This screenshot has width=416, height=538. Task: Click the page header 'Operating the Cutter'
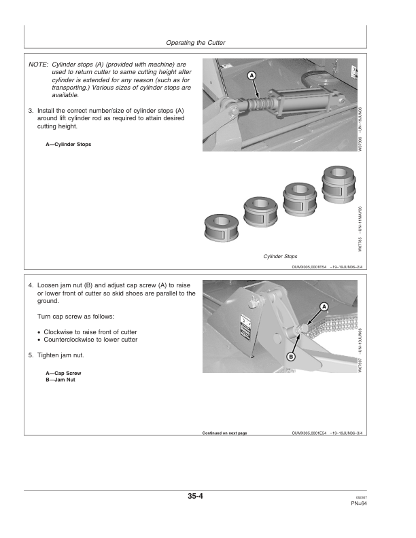tap(195, 43)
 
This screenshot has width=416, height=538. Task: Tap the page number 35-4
tap(196, 497)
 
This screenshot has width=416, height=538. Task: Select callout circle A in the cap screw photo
tap(324, 307)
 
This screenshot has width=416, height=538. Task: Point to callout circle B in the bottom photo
tap(291, 356)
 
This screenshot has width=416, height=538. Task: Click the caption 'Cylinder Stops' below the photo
tap(280, 256)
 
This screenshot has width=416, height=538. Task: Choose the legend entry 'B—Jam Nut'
tap(60, 379)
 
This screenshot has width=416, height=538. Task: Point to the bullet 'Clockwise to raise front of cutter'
tap(90, 331)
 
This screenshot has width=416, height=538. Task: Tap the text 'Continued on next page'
tap(224, 433)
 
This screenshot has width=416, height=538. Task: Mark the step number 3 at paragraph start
tap(31, 110)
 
